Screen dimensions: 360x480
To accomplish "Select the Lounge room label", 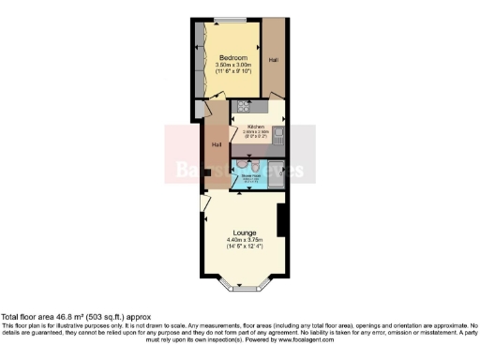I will [x=246, y=232].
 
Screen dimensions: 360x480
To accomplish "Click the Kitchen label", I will [x=256, y=126].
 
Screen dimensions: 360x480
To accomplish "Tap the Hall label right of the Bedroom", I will [x=274, y=60].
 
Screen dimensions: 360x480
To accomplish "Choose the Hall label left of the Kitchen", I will [x=217, y=144].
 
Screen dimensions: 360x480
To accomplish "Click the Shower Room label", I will [x=250, y=173].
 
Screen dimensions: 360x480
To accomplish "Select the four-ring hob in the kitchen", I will [x=243, y=105].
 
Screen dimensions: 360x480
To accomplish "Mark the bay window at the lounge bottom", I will [x=245, y=280].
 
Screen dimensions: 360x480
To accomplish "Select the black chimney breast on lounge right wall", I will [x=281, y=219].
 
